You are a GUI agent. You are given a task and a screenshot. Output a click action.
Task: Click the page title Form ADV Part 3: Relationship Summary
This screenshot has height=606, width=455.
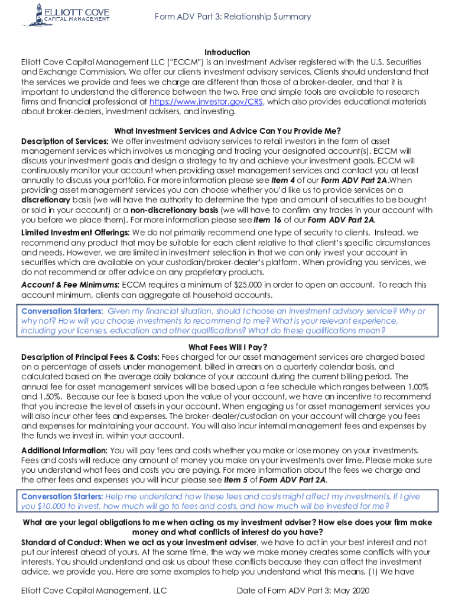(x=232, y=17)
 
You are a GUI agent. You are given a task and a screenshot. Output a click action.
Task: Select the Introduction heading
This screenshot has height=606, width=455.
(x=227, y=53)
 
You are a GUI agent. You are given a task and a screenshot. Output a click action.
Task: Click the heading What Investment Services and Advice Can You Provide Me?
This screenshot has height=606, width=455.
(x=227, y=131)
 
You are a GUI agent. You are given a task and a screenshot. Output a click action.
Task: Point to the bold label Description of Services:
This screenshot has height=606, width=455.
(x=65, y=141)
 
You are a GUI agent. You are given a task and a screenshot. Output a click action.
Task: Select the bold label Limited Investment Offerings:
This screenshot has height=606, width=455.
(x=73, y=233)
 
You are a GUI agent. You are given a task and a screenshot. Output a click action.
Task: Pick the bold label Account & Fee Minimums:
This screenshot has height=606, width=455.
(x=70, y=285)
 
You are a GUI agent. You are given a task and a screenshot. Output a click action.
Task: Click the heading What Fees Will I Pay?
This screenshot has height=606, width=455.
(x=227, y=347)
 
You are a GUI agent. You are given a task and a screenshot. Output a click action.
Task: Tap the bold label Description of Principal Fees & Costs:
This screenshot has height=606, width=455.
(x=90, y=357)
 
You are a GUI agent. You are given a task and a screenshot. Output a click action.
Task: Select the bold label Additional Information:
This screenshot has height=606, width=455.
(x=64, y=450)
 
